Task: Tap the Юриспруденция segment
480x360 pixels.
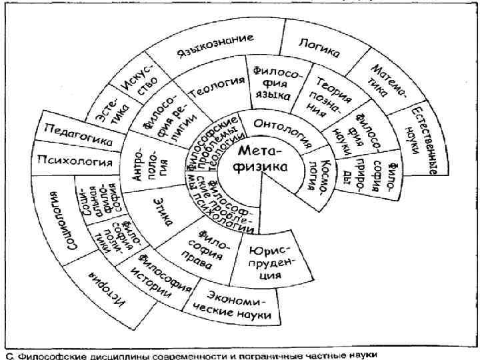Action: [271, 261]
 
